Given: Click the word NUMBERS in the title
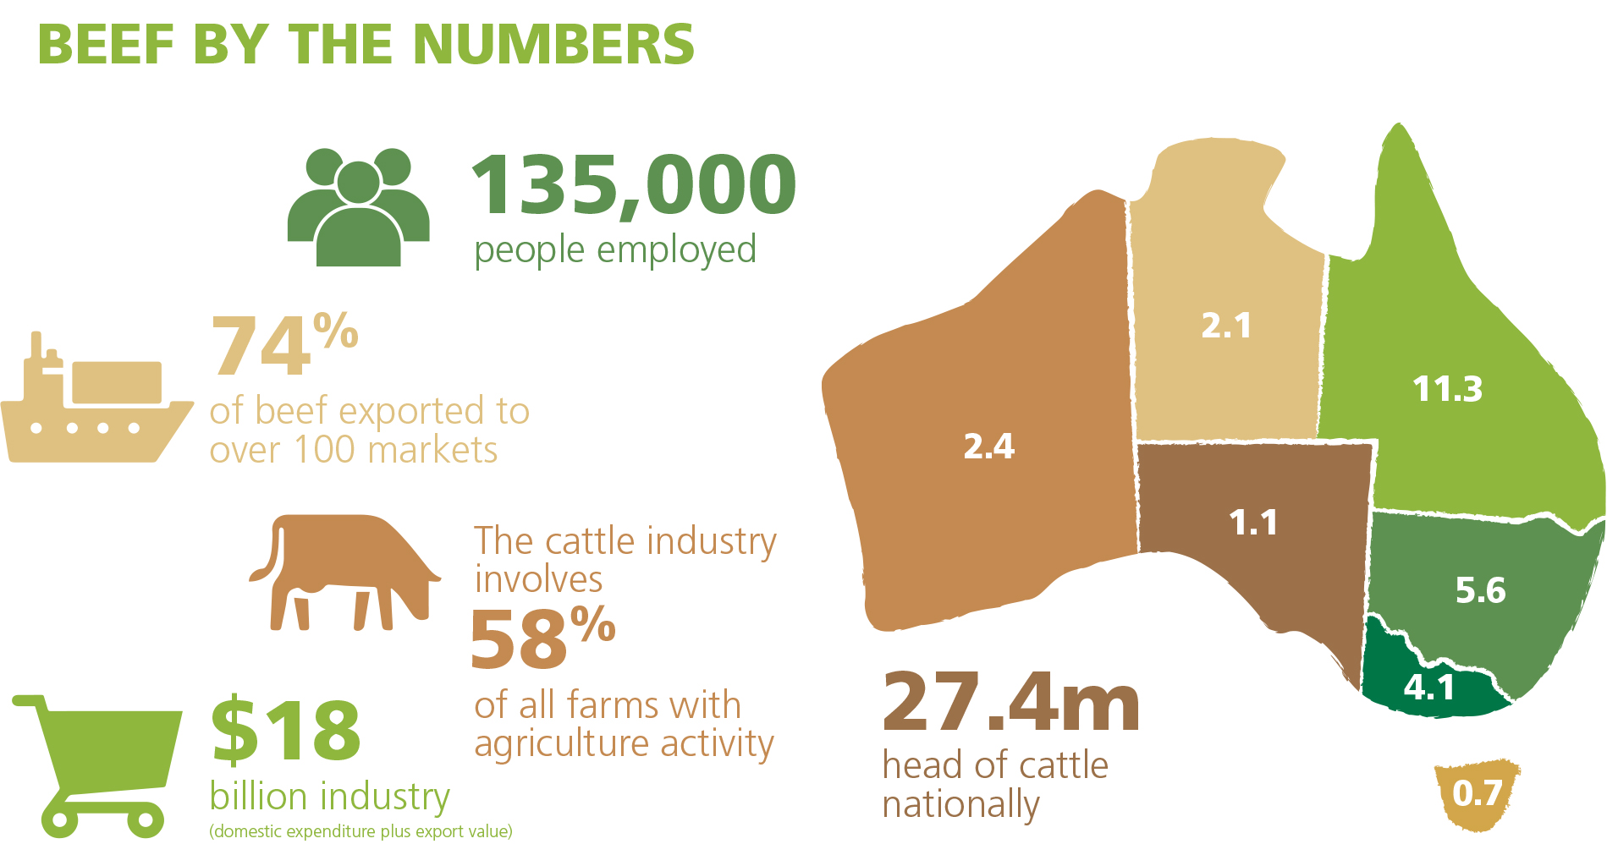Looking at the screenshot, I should point(553,44).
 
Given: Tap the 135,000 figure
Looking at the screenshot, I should point(633,185).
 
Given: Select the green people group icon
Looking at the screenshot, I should point(359,208).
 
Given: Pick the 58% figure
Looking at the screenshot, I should point(542,637).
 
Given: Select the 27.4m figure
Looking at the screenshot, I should point(1011,703).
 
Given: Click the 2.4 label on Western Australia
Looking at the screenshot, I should point(988,446).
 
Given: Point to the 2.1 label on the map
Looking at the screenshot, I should point(1226,326).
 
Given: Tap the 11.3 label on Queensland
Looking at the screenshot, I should point(1447,389).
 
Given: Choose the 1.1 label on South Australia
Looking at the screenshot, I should point(1253,523).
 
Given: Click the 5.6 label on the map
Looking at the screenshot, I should point(1480,590).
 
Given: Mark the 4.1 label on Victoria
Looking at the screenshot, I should point(1429,688).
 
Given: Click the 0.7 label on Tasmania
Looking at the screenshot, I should point(1477,793).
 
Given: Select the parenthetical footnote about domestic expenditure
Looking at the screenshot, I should point(360,831).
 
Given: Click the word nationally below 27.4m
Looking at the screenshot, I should point(960,804).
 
